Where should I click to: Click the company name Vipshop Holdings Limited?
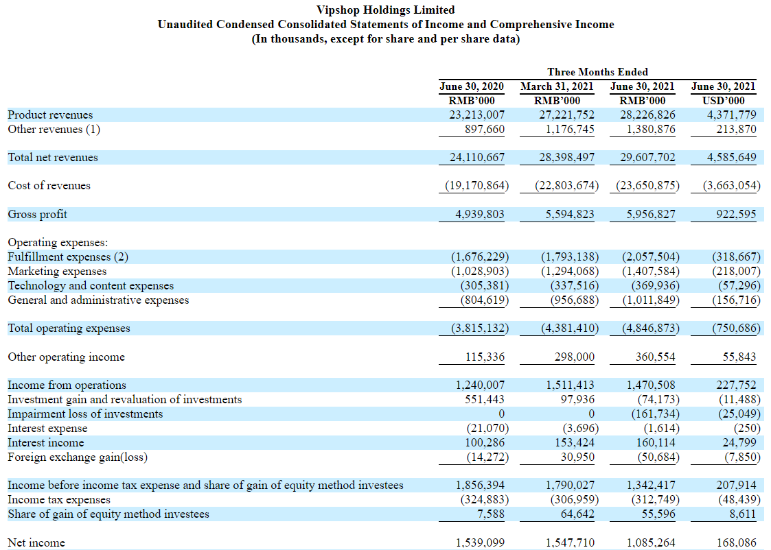point(386,10)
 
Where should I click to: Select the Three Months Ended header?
point(597,72)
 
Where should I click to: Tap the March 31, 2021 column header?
point(557,86)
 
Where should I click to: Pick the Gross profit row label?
point(37,215)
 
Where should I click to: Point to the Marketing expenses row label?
point(57,272)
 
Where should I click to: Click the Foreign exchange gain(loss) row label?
point(78,457)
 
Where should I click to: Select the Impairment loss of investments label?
point(85,414)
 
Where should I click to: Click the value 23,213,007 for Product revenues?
point(476,115)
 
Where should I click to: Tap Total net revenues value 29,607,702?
point(647,158)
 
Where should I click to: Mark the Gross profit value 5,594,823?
point(570,215)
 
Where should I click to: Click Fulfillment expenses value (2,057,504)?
point(651,257)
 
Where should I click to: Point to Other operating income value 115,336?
point(485,357)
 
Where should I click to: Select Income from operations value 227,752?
point(736,385)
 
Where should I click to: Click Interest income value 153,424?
point(575,442)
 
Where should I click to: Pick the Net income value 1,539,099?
point(480,542)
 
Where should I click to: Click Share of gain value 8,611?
point(742,514)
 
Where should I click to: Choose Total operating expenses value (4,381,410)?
point(570,328)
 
